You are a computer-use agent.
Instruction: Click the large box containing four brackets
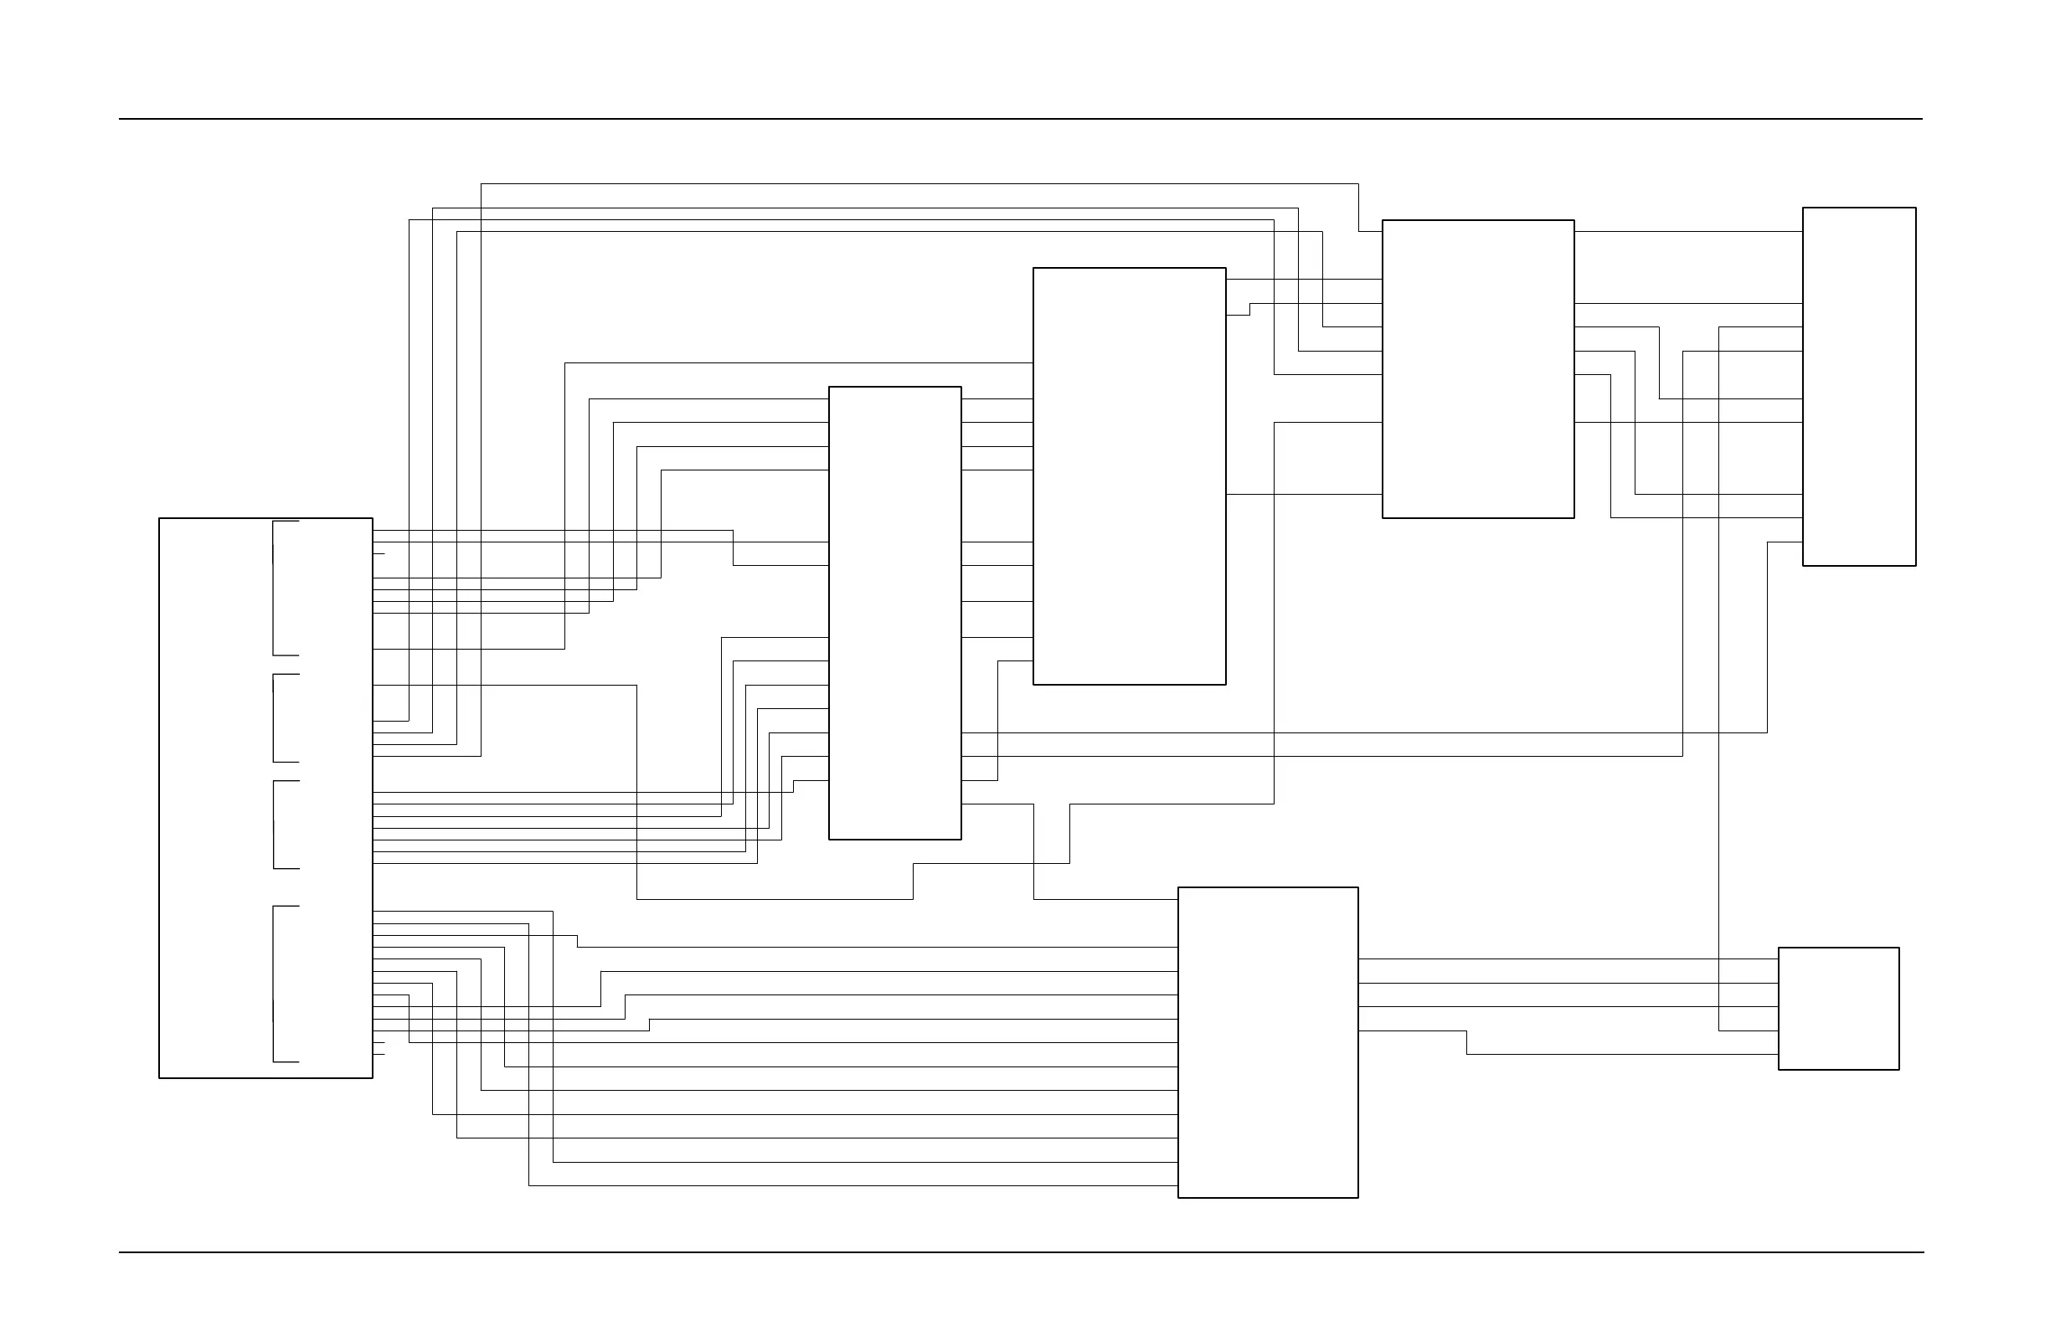tap(215, 797)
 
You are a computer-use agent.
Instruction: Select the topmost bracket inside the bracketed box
tap(274, 588)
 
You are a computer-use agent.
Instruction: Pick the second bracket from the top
tap(274, 718)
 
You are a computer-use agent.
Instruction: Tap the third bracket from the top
tap(274, 825)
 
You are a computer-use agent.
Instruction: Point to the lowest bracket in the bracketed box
tap(274, 984)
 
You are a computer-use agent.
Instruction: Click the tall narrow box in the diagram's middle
tap(894, 612)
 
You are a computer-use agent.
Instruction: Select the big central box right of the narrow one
tap(1128, 476)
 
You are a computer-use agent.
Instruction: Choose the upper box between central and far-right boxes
tap(1477, 368)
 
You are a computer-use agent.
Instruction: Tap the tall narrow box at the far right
tap(1859, 386)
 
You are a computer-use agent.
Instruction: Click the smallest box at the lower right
tap(1838, 1008)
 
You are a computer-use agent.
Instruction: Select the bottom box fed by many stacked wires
tap(1267, 1042)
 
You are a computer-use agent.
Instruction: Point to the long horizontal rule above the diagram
tap(1020, 119)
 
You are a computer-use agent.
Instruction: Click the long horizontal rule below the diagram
tap(1020, 1253)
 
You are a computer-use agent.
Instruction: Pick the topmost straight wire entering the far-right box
tap(1688, 232)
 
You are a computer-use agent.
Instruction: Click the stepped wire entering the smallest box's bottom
tap(1620, 1055)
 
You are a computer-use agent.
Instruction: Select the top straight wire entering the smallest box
tap(1568, 959)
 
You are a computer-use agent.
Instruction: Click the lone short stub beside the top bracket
tap(379, 553)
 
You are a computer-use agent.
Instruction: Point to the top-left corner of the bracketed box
tap(159, 518)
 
